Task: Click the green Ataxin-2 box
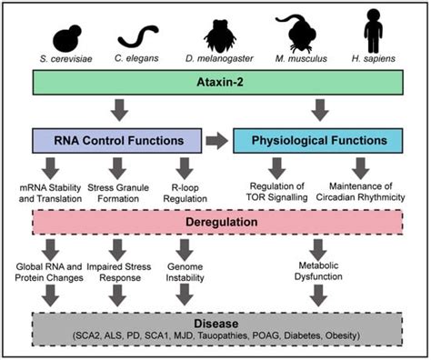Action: (x=216, y=85)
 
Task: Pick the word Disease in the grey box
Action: (x=216, y=323)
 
